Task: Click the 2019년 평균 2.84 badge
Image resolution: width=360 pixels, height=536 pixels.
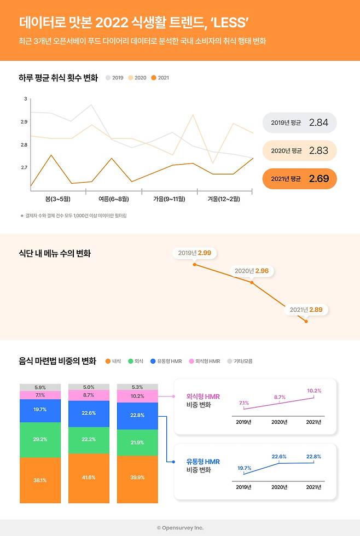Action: pyautogui.click(x=299, y=123)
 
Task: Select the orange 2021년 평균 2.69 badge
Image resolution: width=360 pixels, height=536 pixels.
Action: pyautogui.click(x=299, y=178)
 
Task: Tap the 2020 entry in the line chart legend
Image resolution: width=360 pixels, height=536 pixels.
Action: pyautogui.click(x=137, y=78)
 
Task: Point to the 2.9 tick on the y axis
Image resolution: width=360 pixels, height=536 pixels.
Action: pyautogui.click(x=24, y=121)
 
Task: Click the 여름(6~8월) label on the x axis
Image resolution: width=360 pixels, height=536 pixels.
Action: pyautogui.click(x=114, y=199)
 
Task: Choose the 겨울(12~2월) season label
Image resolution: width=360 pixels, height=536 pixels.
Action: pyautogui.click(x=223, y=199)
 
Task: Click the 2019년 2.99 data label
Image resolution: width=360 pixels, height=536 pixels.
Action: pyautogui.click(x=194, y=253)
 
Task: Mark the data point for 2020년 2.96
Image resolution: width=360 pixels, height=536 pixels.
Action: pyautogui.click(x=252, y=282)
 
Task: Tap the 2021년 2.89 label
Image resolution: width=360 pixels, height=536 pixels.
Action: pyautogui.click(x=306, y=310)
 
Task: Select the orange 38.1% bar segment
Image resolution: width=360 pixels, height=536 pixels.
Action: pyautogui.click(x=40, y=480)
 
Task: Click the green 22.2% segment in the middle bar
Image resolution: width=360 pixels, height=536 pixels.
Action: pyautogui.click(x=89, y=439)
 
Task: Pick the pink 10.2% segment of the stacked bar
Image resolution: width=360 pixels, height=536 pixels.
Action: pyautogui.click(x=137, y=396)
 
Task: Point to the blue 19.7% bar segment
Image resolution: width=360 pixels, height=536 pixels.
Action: pyautogui.click(x=40, y=410)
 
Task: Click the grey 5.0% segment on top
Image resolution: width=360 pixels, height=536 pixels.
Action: pyautogui.click(x=89, y=387)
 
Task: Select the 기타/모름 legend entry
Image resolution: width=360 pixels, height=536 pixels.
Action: pyautogui.click(x=241, y=361)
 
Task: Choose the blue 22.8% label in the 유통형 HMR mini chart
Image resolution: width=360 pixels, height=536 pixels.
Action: pyautogui.click(x=314, y=456)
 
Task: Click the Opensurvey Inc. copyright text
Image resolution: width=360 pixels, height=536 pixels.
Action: pyautogui.click(x=180, y=528)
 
